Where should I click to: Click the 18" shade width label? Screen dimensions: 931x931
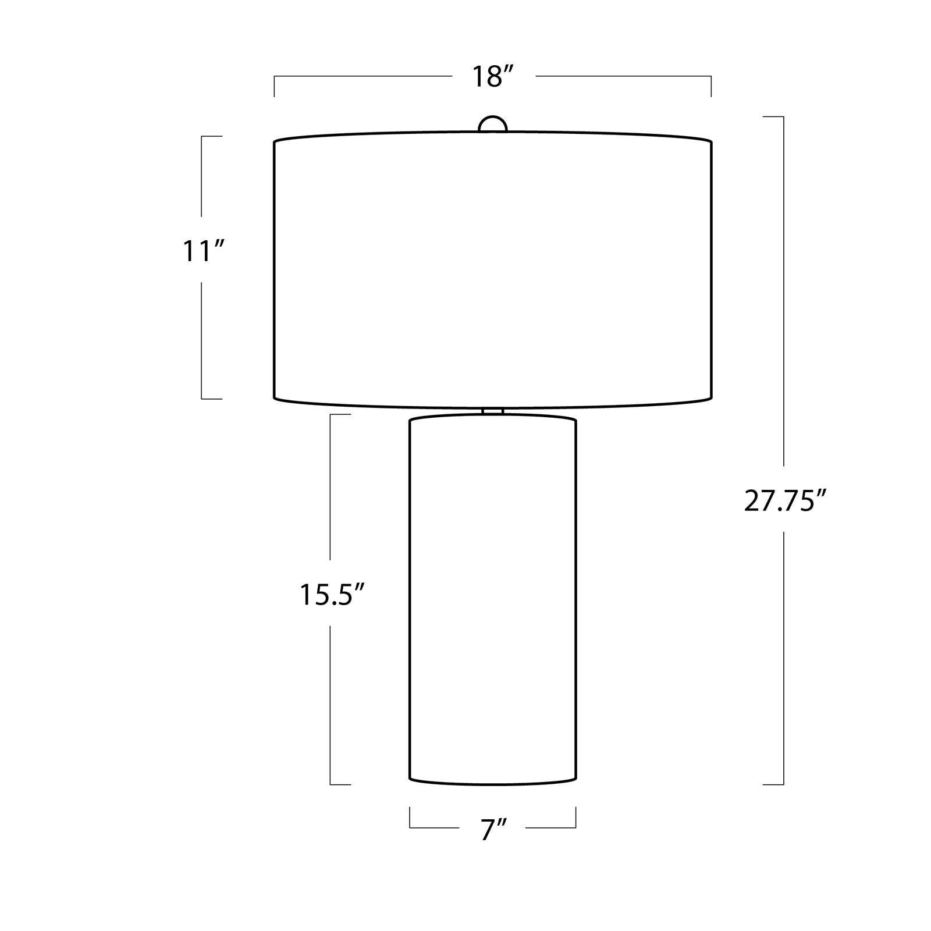[x=492, y=77]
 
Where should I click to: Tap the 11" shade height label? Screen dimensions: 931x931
[x=203, y=251]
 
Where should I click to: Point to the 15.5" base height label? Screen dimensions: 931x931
[x=332, y=595]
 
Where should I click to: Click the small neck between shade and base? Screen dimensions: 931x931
[x=492, y=411]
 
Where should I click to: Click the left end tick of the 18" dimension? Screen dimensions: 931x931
[x=274, y=86]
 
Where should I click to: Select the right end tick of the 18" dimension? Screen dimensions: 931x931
[x=711, y=86]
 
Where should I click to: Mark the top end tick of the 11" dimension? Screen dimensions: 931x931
[x=212, y=136]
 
